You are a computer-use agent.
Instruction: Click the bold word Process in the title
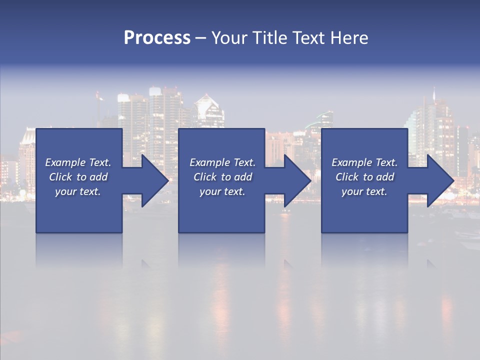(157, 38)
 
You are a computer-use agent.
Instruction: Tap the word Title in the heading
(268, 38)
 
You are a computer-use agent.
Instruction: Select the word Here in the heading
(349, 38)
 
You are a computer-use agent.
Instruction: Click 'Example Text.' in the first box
(78, 162)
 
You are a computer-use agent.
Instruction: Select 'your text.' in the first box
(78, 191)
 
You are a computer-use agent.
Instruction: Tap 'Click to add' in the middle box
(222, 177)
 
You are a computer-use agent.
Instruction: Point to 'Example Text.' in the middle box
(222, 162)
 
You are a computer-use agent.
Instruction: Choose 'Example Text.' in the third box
(364, 162)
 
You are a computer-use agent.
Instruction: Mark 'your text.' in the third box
(364, 191)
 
